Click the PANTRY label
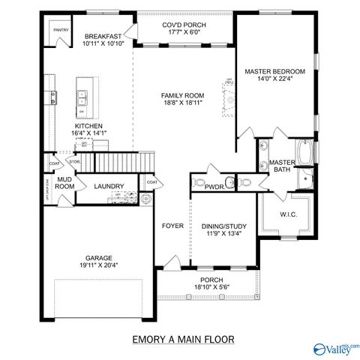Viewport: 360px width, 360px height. pos(61,31)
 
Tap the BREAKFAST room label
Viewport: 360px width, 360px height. pos(103,36)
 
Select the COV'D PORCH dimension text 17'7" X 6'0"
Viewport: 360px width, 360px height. pos(184,32)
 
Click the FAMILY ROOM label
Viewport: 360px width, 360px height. pos(183,95)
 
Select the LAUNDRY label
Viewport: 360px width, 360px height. pos(108,186)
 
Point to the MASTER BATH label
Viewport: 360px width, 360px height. pos(282,166)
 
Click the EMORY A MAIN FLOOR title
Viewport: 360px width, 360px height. pos(182,339)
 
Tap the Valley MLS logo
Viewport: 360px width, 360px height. pos(336,347)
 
